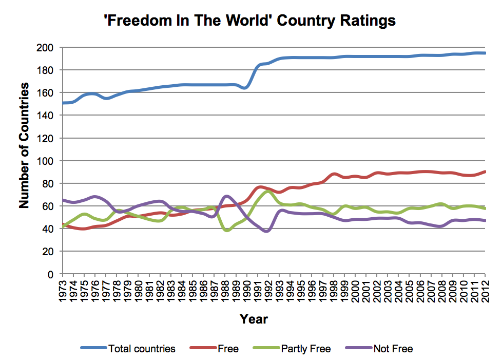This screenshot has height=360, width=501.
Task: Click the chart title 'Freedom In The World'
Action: (x=250, y=21)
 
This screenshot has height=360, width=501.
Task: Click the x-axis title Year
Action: (x=254, y=319)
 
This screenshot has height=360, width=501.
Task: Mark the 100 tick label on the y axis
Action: (x=47, y=161)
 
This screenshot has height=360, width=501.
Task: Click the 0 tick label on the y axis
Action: (x=51, y=274)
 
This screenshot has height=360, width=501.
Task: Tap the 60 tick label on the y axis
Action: (x=49, y=206)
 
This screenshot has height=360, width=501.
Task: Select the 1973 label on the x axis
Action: (x=63, y=291)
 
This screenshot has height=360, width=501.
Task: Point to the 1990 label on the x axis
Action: (x=247, y=291)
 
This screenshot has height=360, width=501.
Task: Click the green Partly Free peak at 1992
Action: (x=268, y=191)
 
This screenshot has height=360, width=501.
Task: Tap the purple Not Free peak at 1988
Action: (x=225, y=196)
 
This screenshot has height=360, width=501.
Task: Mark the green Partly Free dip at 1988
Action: (x=226, y=231)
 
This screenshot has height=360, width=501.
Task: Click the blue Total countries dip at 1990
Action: (x=246, y=88)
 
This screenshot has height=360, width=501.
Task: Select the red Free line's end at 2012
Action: (x=485, y=172)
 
